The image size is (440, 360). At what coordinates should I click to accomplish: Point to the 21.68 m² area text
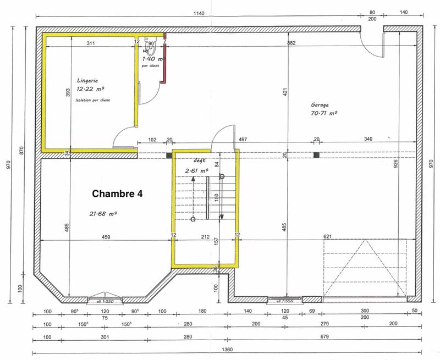pos(103,213)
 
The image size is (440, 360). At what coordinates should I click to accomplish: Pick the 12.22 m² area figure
pos(91,88)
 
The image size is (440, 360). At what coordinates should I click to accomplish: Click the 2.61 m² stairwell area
pos(196,170)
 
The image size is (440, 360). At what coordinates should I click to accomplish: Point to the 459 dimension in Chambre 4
pos(106,237)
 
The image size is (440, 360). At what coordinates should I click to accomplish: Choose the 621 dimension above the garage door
pos(328,237)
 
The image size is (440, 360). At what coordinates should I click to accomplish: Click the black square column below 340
pos(316,156)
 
